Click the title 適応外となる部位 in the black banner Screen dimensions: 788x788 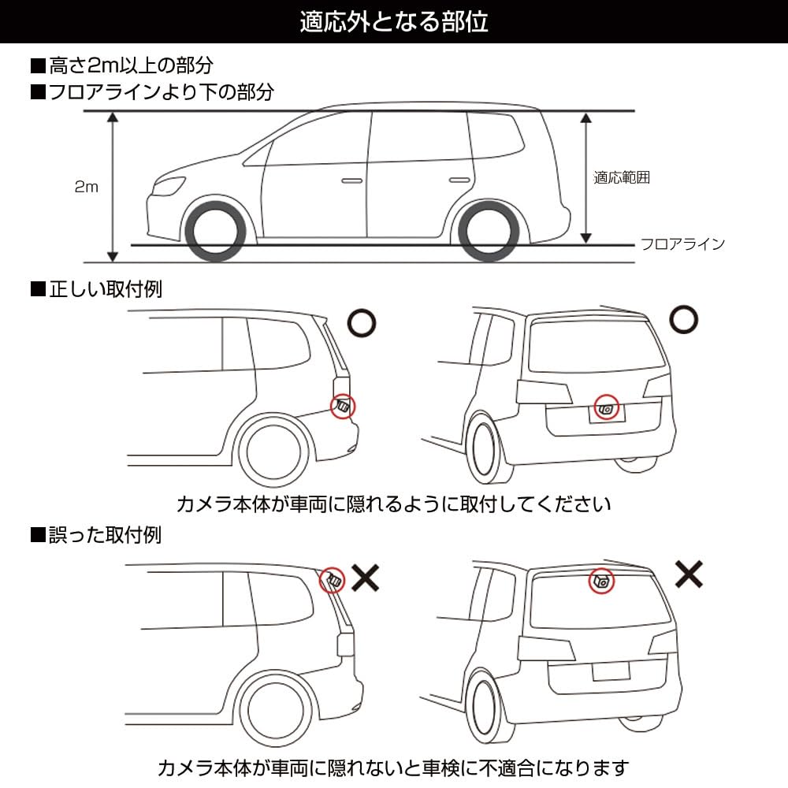(x=394, y=21)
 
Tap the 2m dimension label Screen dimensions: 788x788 (x=87, y=187)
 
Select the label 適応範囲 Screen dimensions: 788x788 (x=622, y=178)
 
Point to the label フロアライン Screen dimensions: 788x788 (x=682, y=243)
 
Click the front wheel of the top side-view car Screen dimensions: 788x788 (x=214, y=232)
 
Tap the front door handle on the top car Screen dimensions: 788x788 (x=351, y=181)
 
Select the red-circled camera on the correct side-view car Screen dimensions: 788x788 (x=344, y=406)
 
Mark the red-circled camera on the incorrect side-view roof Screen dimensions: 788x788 (x=332, y=581)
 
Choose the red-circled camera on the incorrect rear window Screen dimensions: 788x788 (x=603, y=582)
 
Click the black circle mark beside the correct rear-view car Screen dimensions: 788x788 (x=684, y=320)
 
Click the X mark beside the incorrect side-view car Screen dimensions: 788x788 (x=365, y=578)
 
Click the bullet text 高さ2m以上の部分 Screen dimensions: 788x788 (x=121, y=64)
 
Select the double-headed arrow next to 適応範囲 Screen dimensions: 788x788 (x=585, y=177)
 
